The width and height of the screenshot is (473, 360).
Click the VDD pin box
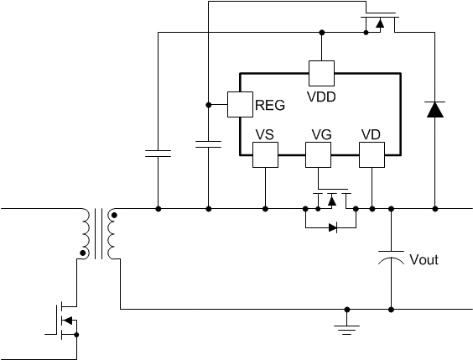click(321, 73)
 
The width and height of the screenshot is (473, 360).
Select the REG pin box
click(240, 104)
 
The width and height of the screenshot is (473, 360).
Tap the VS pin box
click(265, 154)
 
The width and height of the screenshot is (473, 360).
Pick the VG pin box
click(318, 154)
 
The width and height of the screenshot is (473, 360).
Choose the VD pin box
click(372, 154)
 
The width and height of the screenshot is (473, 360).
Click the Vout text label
click(424, 259)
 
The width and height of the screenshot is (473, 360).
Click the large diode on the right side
click(435, 110)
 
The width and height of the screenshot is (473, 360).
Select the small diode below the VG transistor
click(333, 227)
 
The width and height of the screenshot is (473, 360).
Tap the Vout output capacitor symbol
click(391, 258)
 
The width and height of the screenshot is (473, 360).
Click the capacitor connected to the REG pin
click(208, 144)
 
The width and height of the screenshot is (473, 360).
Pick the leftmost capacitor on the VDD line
click(158, 154)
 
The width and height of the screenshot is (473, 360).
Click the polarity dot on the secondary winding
click(114, 215)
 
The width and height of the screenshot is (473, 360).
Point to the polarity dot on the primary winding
click(83, 253)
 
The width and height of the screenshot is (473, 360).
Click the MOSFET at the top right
click(380, 23)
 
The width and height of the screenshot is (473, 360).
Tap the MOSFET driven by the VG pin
click(332, 199)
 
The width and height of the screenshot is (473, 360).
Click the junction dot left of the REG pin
click(208, 105)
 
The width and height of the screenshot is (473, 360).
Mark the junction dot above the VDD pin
click(322, 32)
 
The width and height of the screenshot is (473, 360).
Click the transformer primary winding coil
click(86, 233)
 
